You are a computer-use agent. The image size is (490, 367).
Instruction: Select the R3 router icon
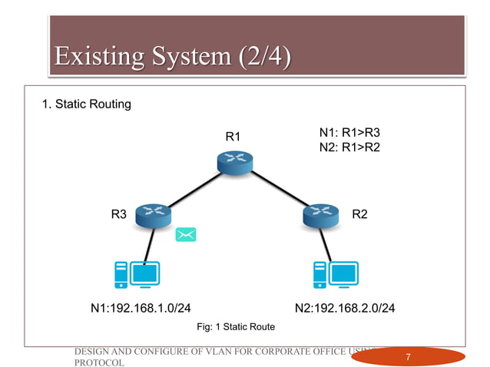pos(152,216)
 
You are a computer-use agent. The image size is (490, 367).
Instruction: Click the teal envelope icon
pos(185,235)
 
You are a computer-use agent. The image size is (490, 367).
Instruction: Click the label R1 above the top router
pos(233,137)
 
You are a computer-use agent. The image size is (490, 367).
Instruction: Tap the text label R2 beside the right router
pos(359,215)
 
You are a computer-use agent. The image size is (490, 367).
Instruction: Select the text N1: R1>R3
pos(349,132)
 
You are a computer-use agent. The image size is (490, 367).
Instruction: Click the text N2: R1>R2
pos(349,146)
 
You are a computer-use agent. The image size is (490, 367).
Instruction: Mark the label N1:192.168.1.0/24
pos(141,309)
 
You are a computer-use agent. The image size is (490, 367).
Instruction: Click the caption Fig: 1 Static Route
pos(236,327)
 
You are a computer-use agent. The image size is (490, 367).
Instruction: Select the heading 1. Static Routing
pos(86,104)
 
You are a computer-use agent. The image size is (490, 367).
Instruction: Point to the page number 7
pos(409,357)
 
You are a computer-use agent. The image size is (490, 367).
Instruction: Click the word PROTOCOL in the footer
pos(98,362)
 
